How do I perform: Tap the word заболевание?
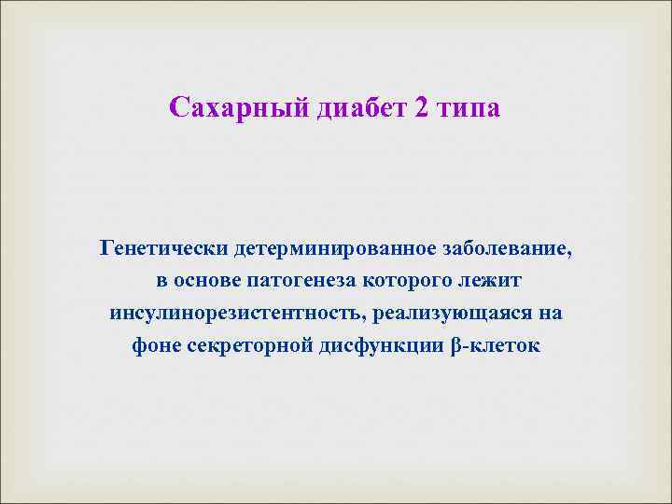pos(505,250)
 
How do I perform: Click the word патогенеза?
pos(303,281)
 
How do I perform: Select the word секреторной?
pos(241,343)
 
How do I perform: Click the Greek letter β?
pos(455,343)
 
